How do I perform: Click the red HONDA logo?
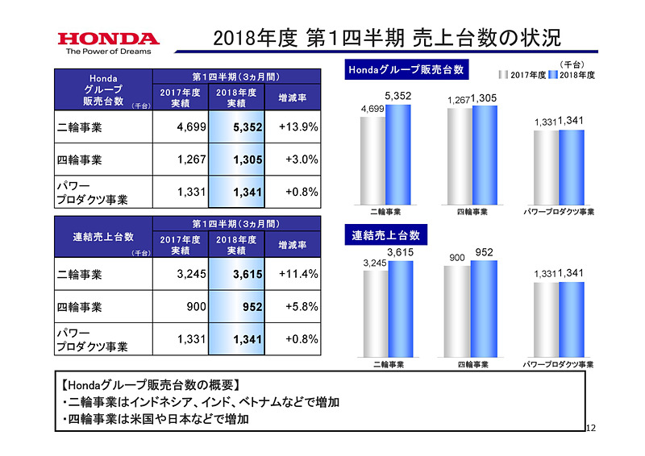tap(108, 39)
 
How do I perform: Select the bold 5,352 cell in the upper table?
tap(237, 126)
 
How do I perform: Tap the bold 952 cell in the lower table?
tap(237, 307)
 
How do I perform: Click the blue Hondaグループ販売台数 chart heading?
tap(406, 70)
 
